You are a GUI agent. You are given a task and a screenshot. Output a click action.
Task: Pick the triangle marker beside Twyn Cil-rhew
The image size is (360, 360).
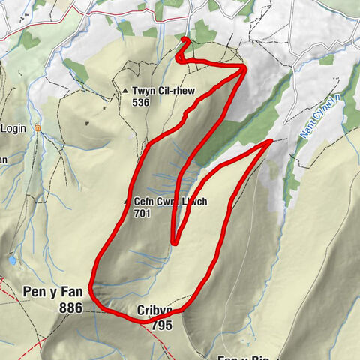click(x=125, y=91)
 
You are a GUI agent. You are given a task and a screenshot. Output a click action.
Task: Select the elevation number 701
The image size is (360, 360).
click(x=142, y=214)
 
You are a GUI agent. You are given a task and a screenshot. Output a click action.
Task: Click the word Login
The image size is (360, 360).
click(x=13, y=129)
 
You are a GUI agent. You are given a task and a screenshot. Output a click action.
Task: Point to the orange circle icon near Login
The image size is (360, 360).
click(x=36, y=129)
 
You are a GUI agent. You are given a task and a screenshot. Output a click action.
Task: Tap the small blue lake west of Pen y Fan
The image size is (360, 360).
click(x=13, y=259)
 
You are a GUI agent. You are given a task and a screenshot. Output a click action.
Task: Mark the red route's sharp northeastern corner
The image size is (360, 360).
click(x=245, y=67)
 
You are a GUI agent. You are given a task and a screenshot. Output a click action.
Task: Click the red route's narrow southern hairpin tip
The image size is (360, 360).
click(x=174, y=242)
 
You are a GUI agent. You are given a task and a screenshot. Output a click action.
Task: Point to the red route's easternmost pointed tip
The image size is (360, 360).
click(x=271, y=140)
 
